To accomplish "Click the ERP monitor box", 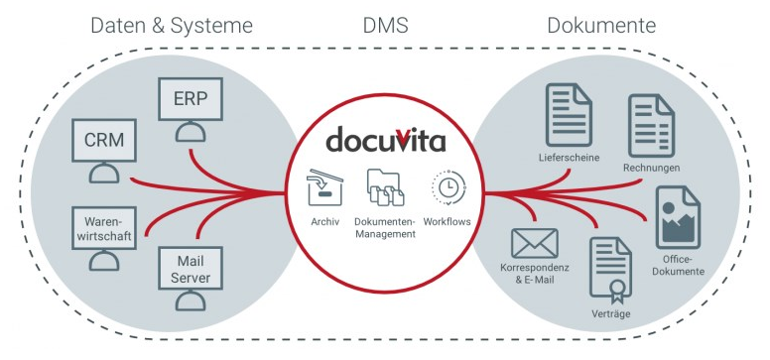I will [191, 99].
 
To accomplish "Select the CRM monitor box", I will [104, 140].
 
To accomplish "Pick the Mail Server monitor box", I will [191, 268].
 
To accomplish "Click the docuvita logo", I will [384, 139].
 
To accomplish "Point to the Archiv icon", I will [322, 187].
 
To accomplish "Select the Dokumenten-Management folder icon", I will [384, 187].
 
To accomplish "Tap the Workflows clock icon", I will [447, 187].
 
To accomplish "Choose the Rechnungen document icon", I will [651, 126].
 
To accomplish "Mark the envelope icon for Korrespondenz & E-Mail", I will [535, 242].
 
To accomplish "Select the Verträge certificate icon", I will [610, 271].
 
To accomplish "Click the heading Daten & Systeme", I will [172, 25].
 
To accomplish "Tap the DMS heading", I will [384, 25].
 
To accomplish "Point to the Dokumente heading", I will [601, 25].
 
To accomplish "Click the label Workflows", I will [447, 221].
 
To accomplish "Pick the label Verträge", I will [608, 314].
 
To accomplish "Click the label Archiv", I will [323, 221].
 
